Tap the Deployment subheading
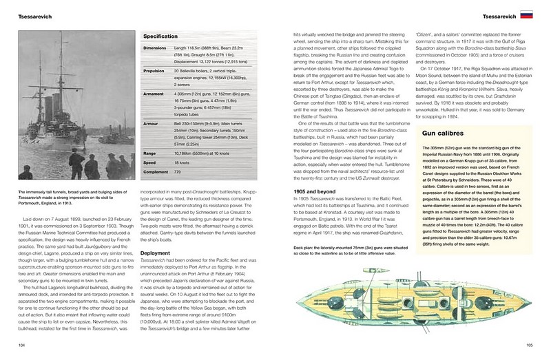pyautogui.click(x=156, y=252)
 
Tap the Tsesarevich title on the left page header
pyautogui.click(x=30, y=14)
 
